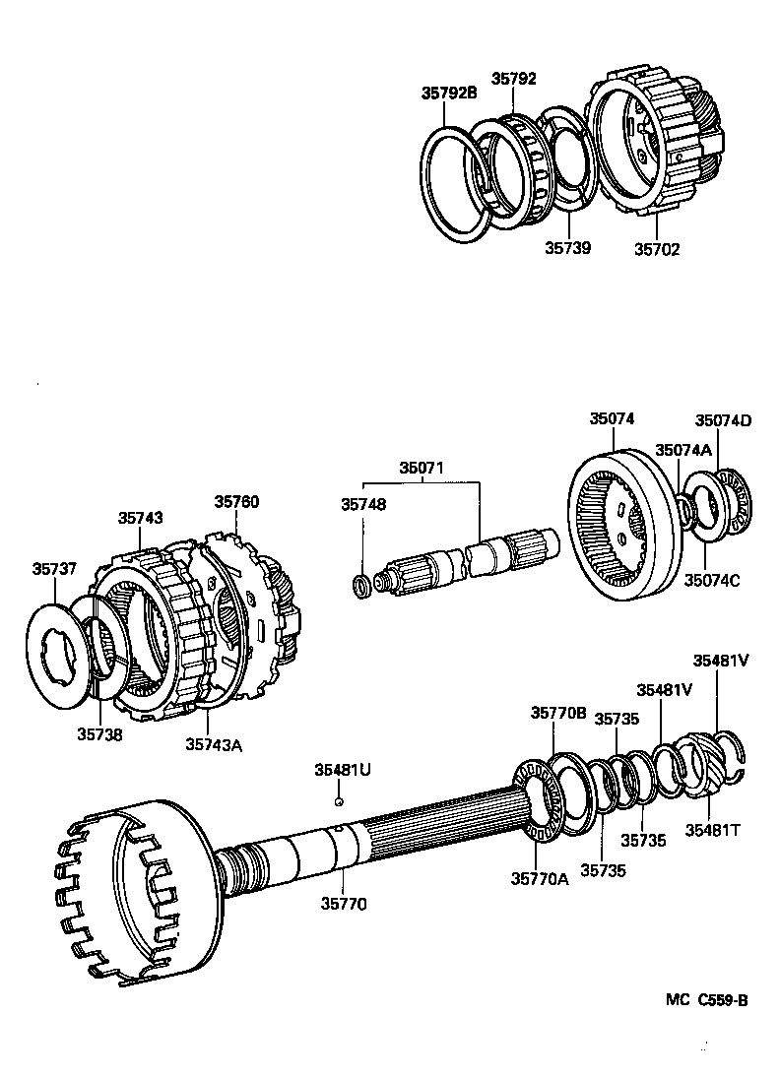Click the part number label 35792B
click(x=449, y=95)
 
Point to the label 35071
click(x=421, y=468)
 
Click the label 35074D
click(x=723, y=420)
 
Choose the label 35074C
click(x=712, y=580)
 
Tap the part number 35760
click(x=236, y=501)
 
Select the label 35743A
click(x=213, y=744)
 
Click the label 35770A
click(x=540, y=879)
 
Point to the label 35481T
click(x=715, y=831)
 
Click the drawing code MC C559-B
click(x=706, y=1000)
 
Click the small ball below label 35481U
click(x=338, y=801)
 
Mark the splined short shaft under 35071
click(x=463, y=562)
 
